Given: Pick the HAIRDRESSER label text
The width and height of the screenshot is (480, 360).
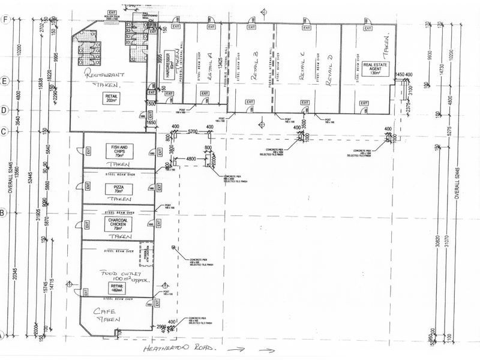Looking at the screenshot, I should click(166, 72).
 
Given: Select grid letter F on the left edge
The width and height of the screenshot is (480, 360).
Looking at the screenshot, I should click(5, 19).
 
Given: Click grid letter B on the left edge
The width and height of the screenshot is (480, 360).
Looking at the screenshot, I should click(4, 212).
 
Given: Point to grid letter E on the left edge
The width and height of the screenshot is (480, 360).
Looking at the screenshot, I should click(5, 80).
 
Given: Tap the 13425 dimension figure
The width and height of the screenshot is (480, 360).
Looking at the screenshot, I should click(222, 67).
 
